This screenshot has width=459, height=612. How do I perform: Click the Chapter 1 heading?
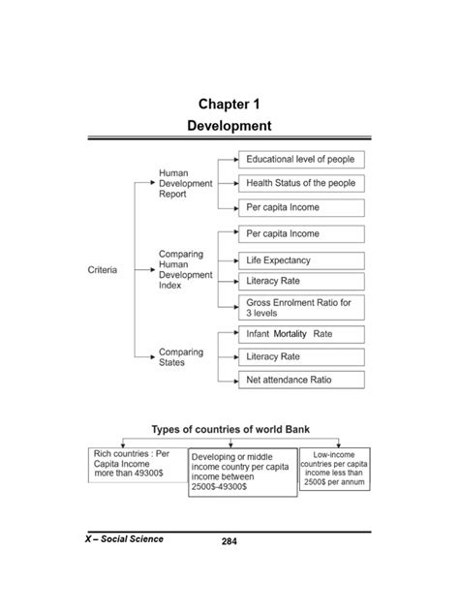(x=229, y=104)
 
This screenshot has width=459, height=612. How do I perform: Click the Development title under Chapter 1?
(x=229, y=126)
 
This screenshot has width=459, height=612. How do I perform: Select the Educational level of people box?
(x=301, y=158)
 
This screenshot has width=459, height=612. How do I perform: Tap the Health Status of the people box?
(x=301, y=182)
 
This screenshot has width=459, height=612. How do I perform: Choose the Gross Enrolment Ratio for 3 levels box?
(x=301, y=308)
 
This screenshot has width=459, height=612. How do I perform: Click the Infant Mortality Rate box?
(x=301, y=333)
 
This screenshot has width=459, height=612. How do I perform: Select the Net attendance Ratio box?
(x=301, y=381)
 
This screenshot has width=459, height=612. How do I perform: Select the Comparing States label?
(x=181, y=357)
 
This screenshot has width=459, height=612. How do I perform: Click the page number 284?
(x=229, y=543)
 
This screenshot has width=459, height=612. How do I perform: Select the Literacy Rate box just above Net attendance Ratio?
(x=301, y=357)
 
